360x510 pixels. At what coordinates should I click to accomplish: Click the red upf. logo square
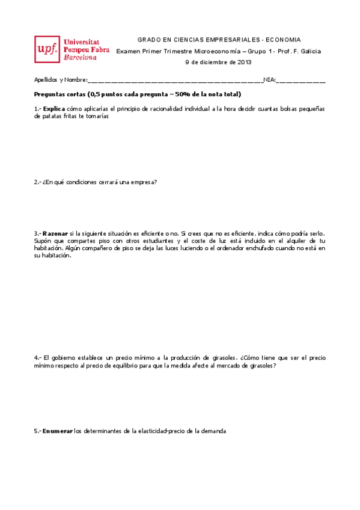pyautogui.click(x=47, y=49)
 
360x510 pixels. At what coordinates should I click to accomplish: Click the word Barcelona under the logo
pyautogui.click(x=80, y=58)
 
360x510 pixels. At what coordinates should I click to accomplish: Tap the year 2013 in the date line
pyautogui.click(x=244, y=62)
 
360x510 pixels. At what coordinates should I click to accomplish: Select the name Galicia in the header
pyautogui.click(x=309, y=51)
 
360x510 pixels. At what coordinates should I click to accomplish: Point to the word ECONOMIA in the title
pyautogui.click(x=283, y=39)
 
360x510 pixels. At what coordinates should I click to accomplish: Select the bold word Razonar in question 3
pyautogui.click(x=55, y=233)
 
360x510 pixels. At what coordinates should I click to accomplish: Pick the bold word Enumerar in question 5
pyautogui.click(x=58, y=431)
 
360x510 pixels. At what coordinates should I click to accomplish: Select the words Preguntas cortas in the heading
pyautogui.click(x=59, y=94)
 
